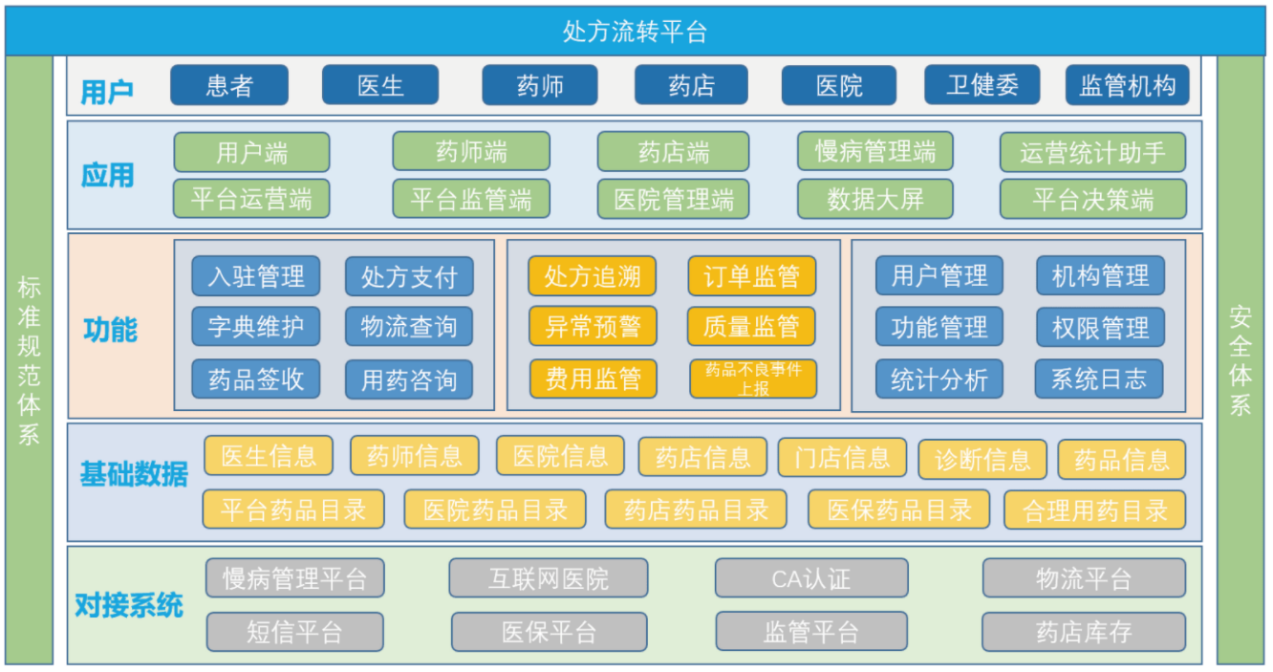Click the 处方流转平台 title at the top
point(635,32)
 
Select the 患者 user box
point(229,86)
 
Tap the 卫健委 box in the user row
point(982,86)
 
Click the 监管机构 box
point(1128,86)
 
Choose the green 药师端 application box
point(471,152)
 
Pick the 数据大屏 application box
point(874,199)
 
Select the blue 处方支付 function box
point(409,277)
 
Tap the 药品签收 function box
point(256,379)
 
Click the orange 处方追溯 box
point(593,277)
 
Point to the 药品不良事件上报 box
point(753,379)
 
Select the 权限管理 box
point(1100,328)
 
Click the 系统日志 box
point(1099,379)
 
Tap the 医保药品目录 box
point(899,509)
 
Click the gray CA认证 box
point(811,578)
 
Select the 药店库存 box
point(1083,632)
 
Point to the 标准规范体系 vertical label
point(29,360)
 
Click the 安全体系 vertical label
point(1240,360)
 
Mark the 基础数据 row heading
point(134,474)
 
